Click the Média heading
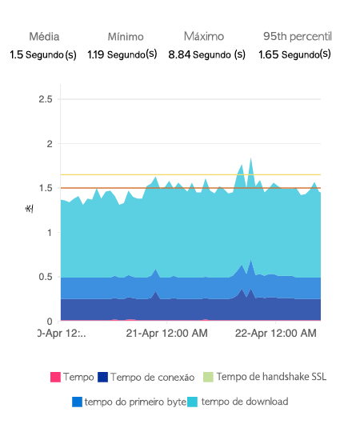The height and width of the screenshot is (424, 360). [44, 37]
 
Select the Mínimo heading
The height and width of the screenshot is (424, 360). [126, 37]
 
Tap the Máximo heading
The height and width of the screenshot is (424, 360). [203, 37]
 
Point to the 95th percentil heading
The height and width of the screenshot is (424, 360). [297, 37]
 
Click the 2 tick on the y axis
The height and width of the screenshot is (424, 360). [49, 144]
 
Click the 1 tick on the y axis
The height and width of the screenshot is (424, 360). [49, 233]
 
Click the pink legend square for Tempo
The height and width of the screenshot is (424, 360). [55, 377]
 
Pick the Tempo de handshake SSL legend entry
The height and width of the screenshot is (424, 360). [271, 377]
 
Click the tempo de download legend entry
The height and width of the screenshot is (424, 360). [245, 401]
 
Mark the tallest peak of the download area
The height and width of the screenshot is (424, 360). [250, 158]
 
